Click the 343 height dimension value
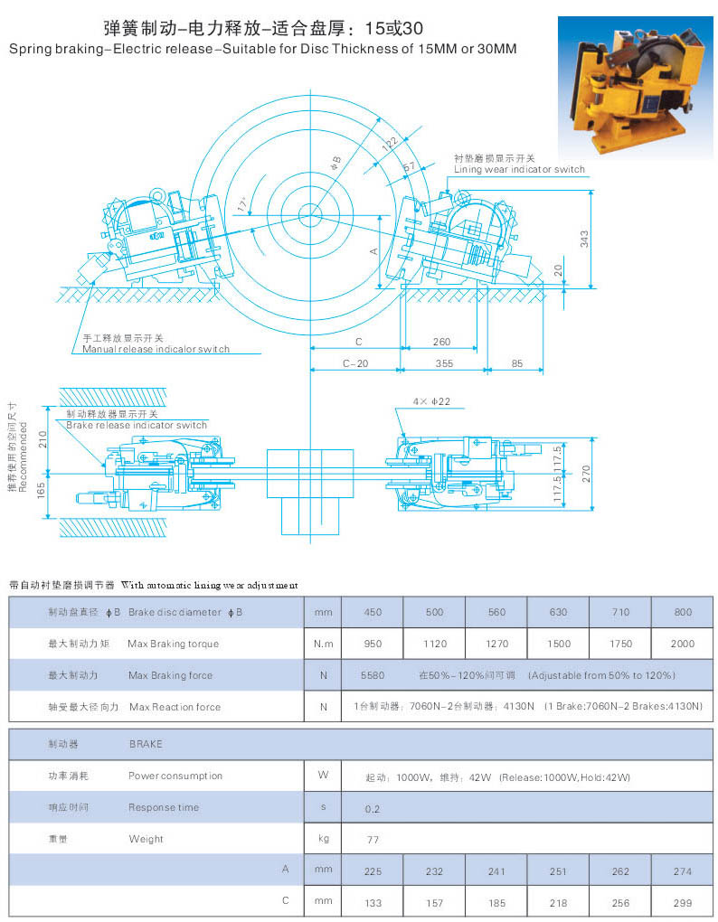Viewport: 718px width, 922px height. tap(585, 239)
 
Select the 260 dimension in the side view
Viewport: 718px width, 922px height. tap(441, 342)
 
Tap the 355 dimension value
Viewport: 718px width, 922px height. tap(442, 363)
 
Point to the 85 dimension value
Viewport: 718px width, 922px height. tap(516, 363)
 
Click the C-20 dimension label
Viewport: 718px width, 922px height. tap(354, 363)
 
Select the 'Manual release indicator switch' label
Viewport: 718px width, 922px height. tap(156, 349)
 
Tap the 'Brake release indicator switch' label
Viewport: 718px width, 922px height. tap(136, 425)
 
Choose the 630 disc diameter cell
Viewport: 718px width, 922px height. tap(558, 612)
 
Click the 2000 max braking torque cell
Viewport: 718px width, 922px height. tap(683, 644)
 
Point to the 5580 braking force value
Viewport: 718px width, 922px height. tap(373, 675)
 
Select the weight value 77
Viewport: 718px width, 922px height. tap(373, 840)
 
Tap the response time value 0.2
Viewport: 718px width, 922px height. tap(373, 808)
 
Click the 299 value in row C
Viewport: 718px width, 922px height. tap(683, 902)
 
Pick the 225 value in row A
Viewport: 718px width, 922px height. tap(373, 871)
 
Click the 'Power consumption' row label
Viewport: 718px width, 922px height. tap(175, 776)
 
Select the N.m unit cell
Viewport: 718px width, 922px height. tap(323, 644)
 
